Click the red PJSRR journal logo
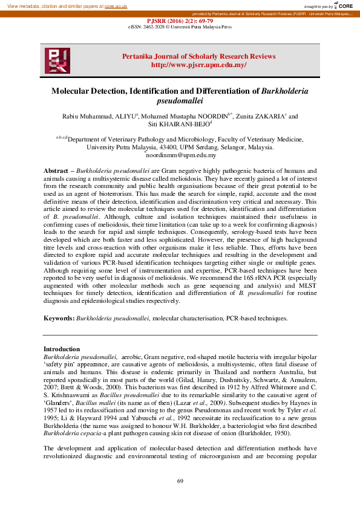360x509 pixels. [x=57, y=61]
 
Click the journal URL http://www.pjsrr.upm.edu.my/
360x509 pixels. [x=198, y=65]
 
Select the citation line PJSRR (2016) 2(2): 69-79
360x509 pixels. [x=180, y=20]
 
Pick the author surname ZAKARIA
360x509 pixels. [x=267, y=116]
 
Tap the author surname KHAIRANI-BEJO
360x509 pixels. [x=183, y=125]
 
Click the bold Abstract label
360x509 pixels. [x=56, y=172]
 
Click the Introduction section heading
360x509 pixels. [x=62, y=349]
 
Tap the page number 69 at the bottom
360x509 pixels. [x=180, y=481]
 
